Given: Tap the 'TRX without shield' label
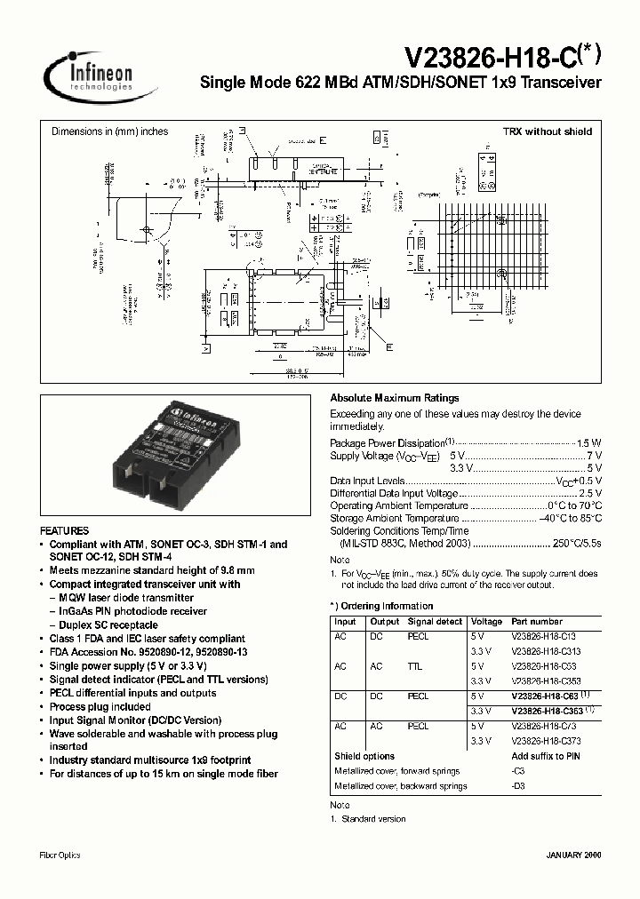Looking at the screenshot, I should [x=548, y=131].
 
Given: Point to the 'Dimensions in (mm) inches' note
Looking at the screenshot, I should [x=109, y=131].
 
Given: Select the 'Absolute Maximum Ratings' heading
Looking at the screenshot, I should [x=395, y=398].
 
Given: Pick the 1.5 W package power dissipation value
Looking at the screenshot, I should [x=589, y=442].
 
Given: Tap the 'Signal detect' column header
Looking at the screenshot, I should [x=435, y=622].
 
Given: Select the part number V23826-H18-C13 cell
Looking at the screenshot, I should [x=544, y=636].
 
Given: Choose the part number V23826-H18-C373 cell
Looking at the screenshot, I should [x=544, y=741].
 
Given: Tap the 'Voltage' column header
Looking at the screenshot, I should [x=486, y=622].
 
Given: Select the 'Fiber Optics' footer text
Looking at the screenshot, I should [x=60, y=855].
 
